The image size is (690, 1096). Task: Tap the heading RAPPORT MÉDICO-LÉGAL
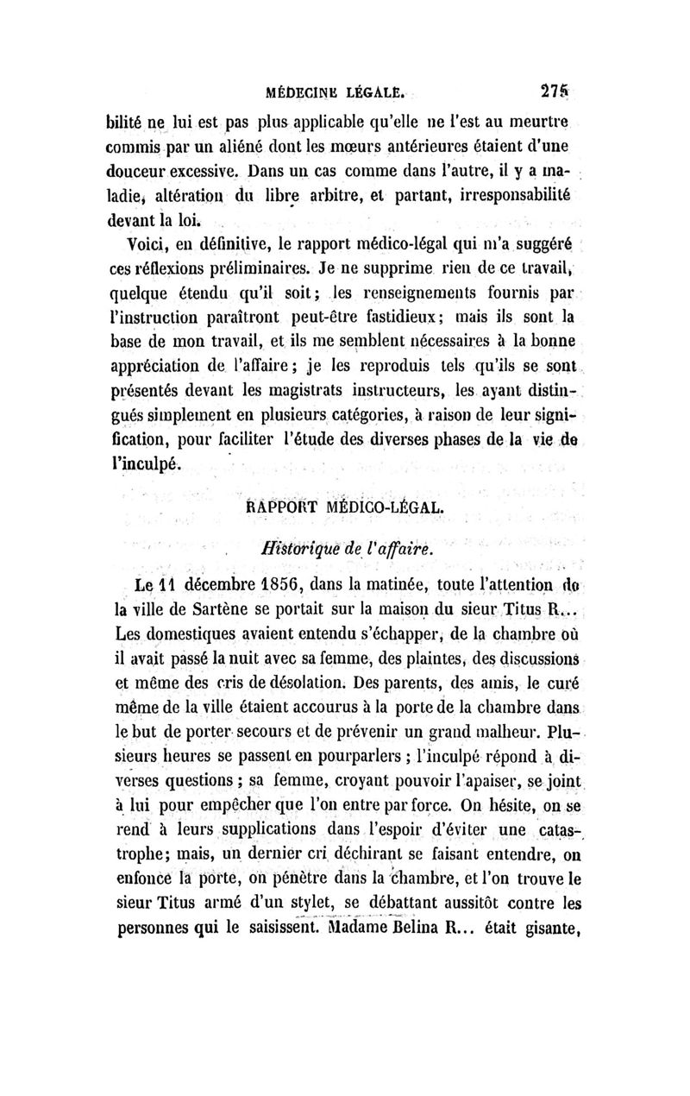346,507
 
